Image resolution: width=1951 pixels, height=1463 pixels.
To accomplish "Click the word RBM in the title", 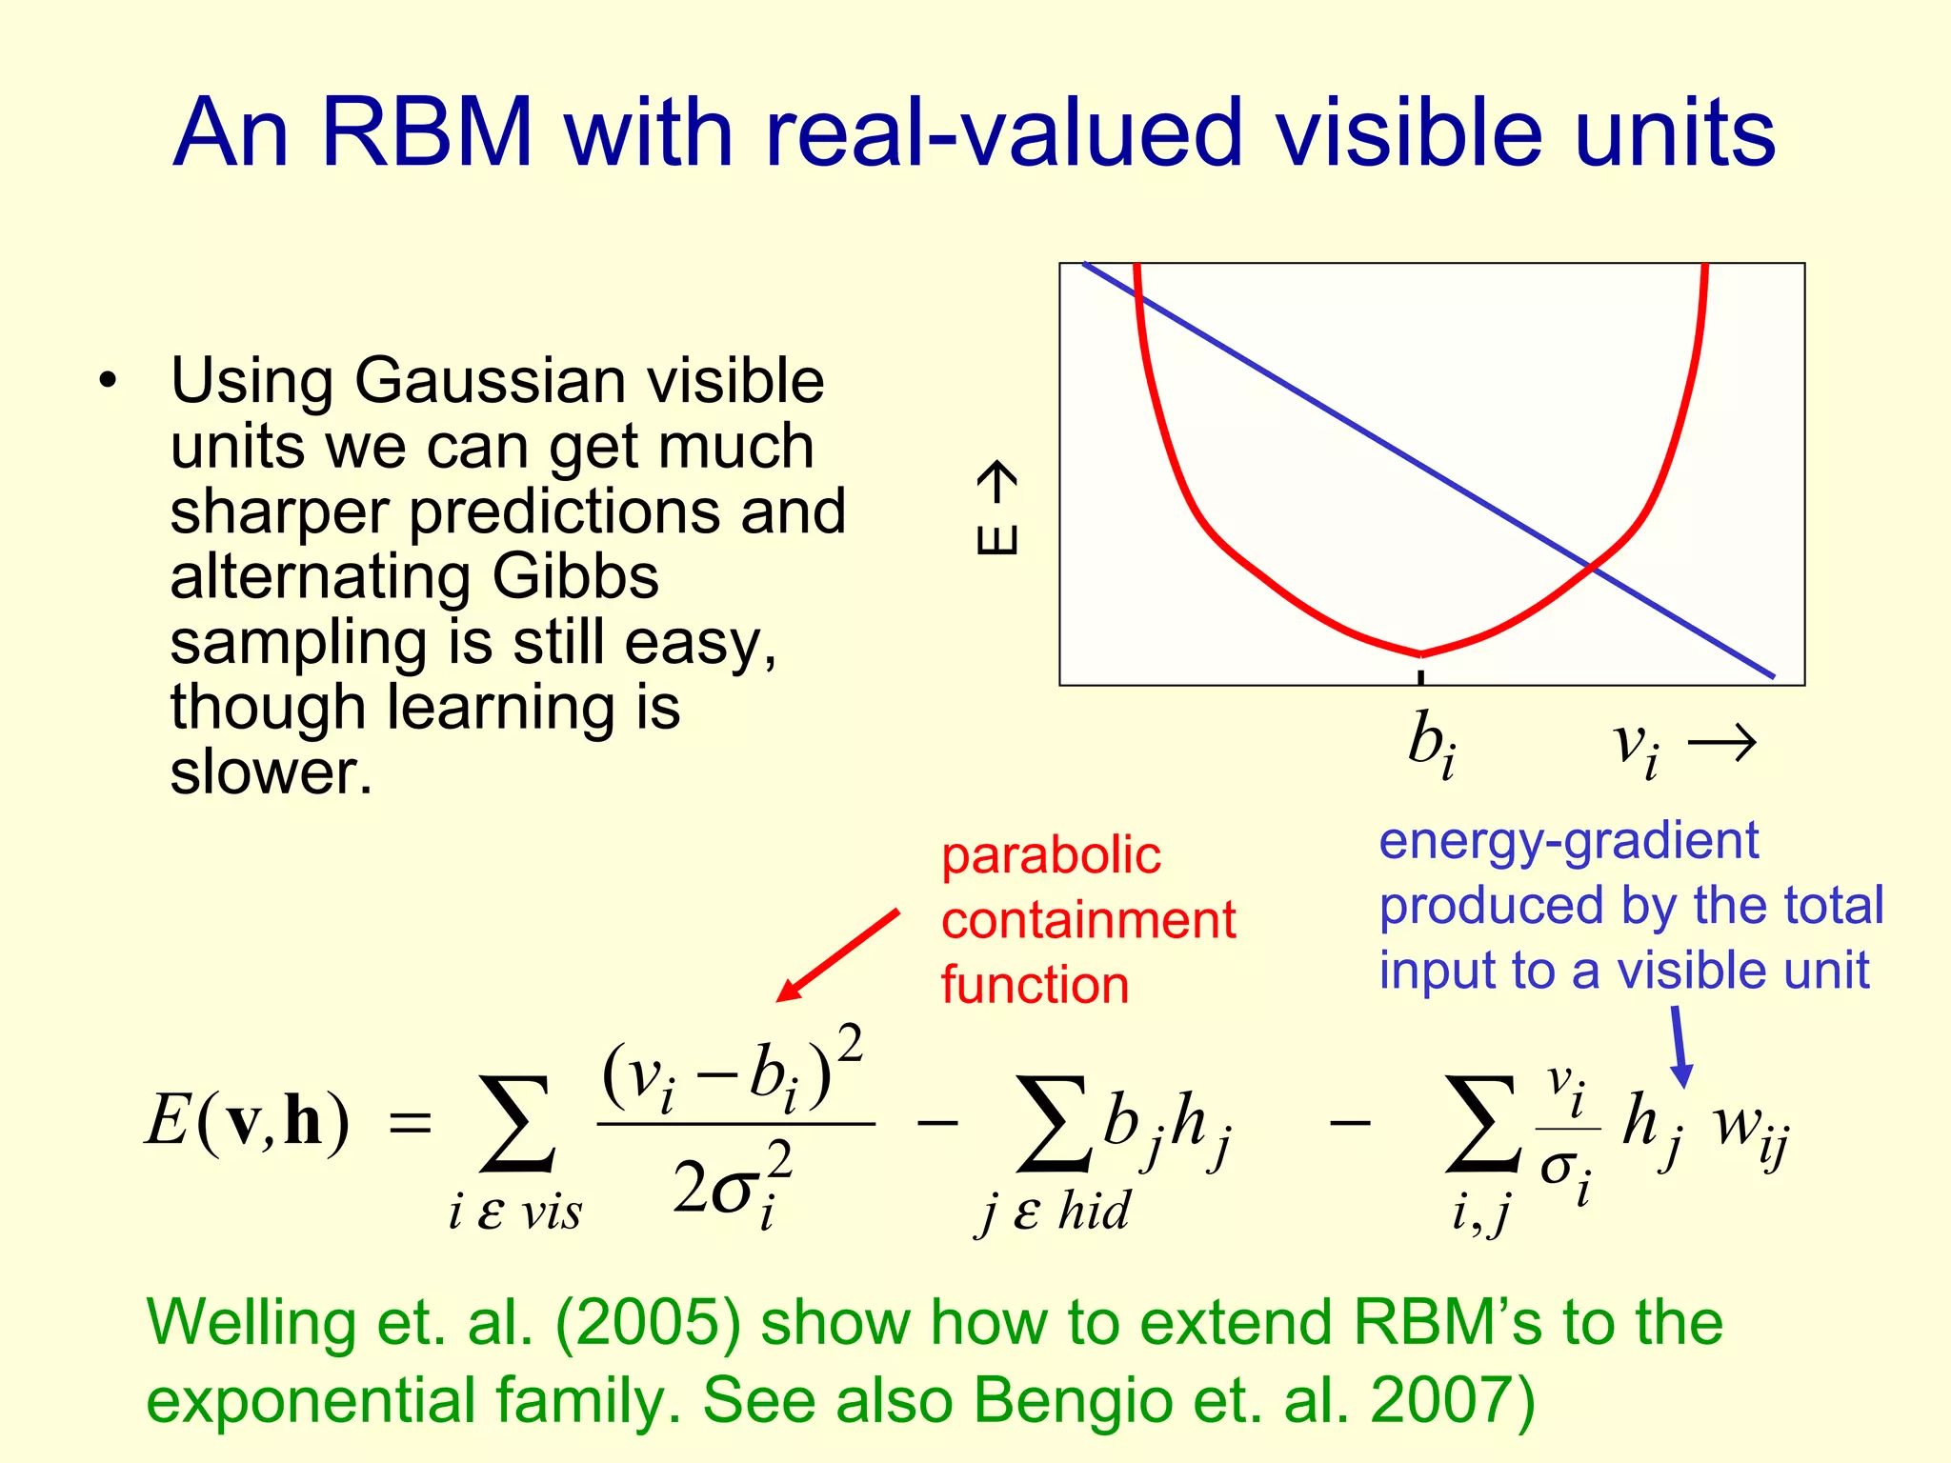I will coord(426,133).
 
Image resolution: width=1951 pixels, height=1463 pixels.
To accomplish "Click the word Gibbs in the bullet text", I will coord(575,577).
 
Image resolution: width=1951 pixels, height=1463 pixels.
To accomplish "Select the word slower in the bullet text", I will coord(270,772).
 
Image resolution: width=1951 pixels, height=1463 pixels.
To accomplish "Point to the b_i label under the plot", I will coord(1431,745).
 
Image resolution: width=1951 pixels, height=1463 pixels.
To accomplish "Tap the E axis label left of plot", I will coord(996,509).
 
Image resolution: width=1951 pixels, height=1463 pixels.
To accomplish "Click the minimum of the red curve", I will coord(1421,653).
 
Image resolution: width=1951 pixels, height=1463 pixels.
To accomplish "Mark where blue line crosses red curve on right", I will coord(1590,567).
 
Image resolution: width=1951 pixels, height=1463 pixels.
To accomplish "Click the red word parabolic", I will coord(1051,855).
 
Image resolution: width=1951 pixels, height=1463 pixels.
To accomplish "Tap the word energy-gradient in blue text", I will coord(1568,841).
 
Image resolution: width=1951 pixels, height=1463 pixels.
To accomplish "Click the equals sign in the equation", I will coord(411,1125).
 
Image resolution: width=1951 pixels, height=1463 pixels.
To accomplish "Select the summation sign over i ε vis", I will coord(517,1124).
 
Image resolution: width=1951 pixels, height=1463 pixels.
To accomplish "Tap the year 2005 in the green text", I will coord(648,1324).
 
